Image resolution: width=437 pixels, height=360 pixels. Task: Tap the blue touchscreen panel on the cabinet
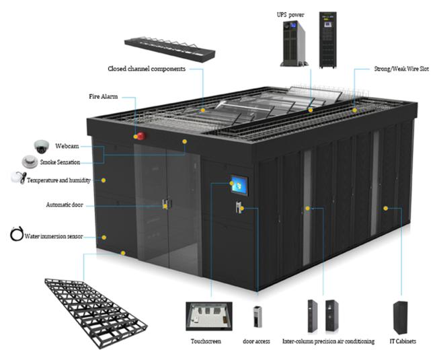tap(239, 184)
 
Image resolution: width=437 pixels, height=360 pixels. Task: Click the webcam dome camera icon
tap(40, 145)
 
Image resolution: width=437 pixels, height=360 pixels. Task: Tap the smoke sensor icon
tap(29, 161)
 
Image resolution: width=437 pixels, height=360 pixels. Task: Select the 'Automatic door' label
tap(65, 204)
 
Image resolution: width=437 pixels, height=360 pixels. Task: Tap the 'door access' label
tap(256, 341)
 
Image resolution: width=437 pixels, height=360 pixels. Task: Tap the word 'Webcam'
tap(68, 145)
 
